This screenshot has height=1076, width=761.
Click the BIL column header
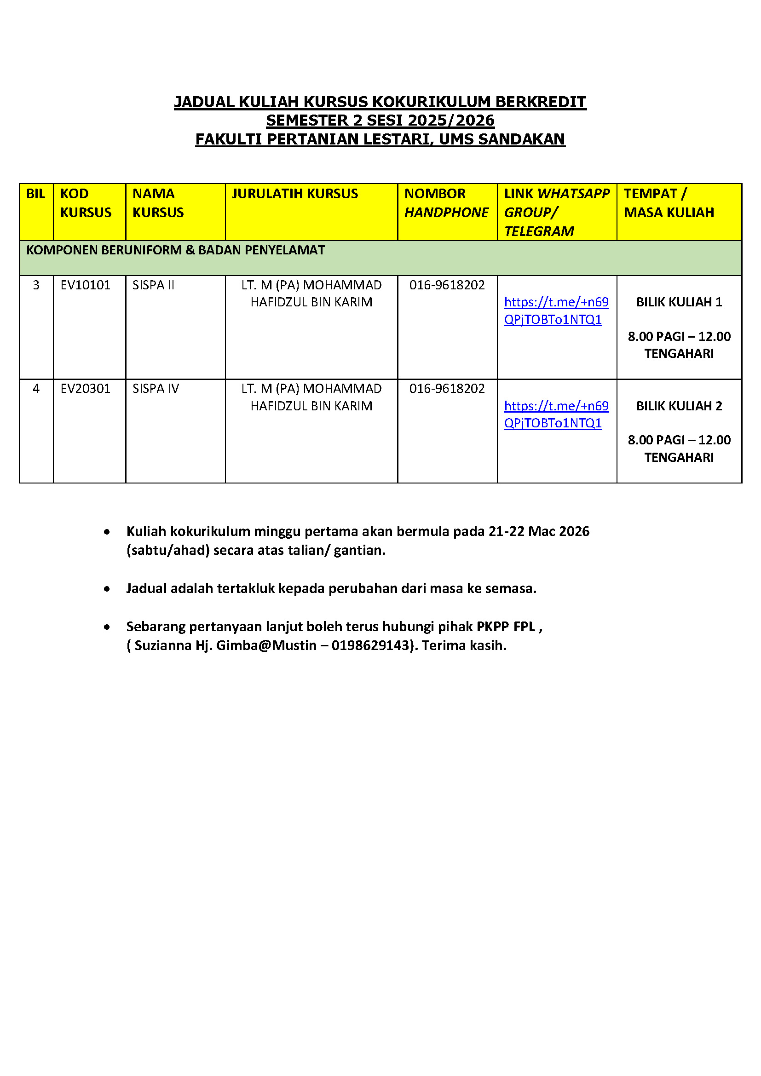(35, 194)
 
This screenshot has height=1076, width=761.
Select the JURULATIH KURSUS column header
(295, 194)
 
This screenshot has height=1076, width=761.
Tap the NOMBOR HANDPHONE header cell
(446, 203)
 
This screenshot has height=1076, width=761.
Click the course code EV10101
(85, 285)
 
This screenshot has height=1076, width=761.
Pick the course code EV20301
(85, 389)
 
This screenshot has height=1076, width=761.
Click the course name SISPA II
(153, 285)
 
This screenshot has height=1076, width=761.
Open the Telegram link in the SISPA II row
(556, 311)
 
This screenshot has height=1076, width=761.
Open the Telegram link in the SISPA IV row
(556, 414)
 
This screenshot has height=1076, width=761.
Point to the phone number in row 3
(447, 285)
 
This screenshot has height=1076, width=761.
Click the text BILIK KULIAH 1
(679, 302)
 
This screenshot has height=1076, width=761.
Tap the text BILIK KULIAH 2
(679, 406)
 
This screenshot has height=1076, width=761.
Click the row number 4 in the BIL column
(36, 389)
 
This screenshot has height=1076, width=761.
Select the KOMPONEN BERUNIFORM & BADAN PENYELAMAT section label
(175, 250)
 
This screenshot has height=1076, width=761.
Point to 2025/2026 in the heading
(451, 121)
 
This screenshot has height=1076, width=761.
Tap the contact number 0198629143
(370, 645)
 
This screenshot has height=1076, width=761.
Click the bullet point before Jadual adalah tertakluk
(107, 589)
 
